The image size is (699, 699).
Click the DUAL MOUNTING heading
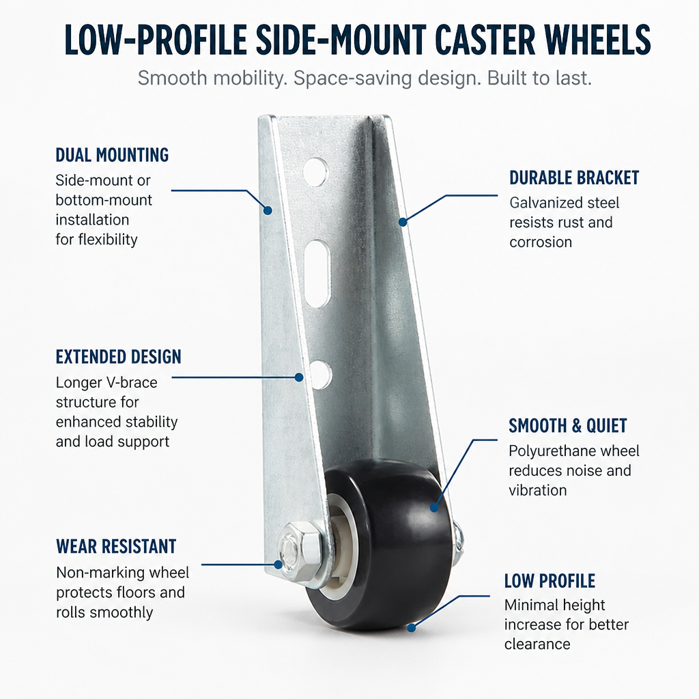112,155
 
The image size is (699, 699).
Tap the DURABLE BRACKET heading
574,177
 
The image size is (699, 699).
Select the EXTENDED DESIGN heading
119,356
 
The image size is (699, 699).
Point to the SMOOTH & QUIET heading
568,426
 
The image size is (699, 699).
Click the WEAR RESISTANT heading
116,546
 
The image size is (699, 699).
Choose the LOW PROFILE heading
550,581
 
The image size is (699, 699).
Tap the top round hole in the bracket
315,171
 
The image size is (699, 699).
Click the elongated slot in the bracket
318,274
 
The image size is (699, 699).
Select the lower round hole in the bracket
321,373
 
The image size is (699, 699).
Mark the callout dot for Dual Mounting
268,210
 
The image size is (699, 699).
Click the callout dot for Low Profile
412,628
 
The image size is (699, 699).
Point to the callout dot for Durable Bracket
403,222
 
